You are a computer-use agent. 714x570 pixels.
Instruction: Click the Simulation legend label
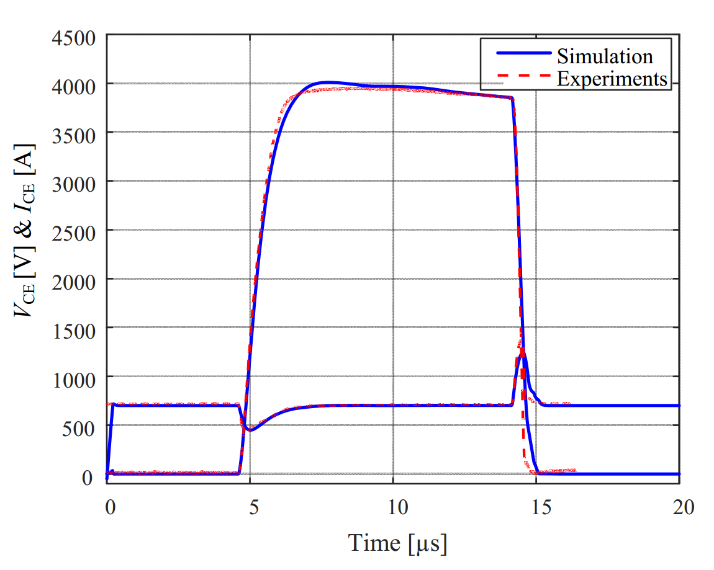tap(605, 56)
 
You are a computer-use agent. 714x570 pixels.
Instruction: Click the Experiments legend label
tap(612, 79)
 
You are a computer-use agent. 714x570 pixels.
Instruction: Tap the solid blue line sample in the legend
tap(523, 54)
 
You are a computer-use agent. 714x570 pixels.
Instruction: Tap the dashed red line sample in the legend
tap(523, 78)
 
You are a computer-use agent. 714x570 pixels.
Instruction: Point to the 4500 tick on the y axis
tap(73, 38)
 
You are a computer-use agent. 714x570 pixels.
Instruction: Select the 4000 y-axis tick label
tap(73, 84)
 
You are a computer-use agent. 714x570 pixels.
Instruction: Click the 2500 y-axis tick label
tap(73, 231)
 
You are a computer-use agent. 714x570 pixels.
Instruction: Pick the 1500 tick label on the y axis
tap(73, 329)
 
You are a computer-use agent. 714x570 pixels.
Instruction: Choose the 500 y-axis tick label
tap(79, 426)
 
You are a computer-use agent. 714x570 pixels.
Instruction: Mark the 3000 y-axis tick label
tap(73, 182)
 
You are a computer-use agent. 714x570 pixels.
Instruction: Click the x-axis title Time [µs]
tap(397, 543)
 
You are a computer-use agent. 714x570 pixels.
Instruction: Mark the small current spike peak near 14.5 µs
tap(523, 349)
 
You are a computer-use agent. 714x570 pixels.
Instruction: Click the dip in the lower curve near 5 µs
tap(250, 429)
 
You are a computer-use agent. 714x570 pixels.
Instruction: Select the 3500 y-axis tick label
tap(73, 133)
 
